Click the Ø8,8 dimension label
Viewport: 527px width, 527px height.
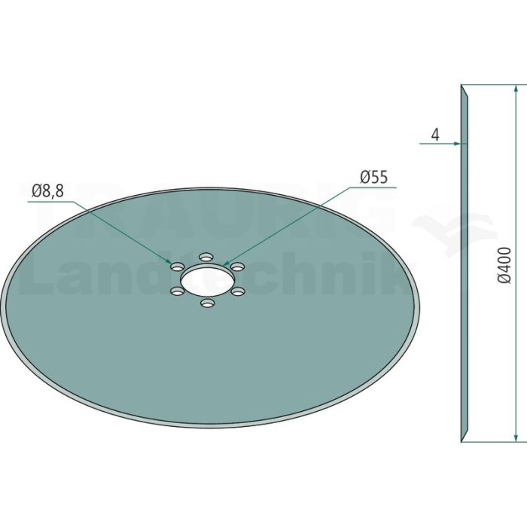tap(47, 191)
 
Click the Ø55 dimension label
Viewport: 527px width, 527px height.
tap(373, 177)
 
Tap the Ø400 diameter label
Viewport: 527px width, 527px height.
tap(505, 266)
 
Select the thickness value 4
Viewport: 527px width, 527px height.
tap(435, 135)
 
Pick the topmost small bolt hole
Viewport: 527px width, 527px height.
tap(206, 257)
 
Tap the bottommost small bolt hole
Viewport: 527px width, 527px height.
tap(207, 303)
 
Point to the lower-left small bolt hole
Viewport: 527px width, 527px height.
tap(177, 291)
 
